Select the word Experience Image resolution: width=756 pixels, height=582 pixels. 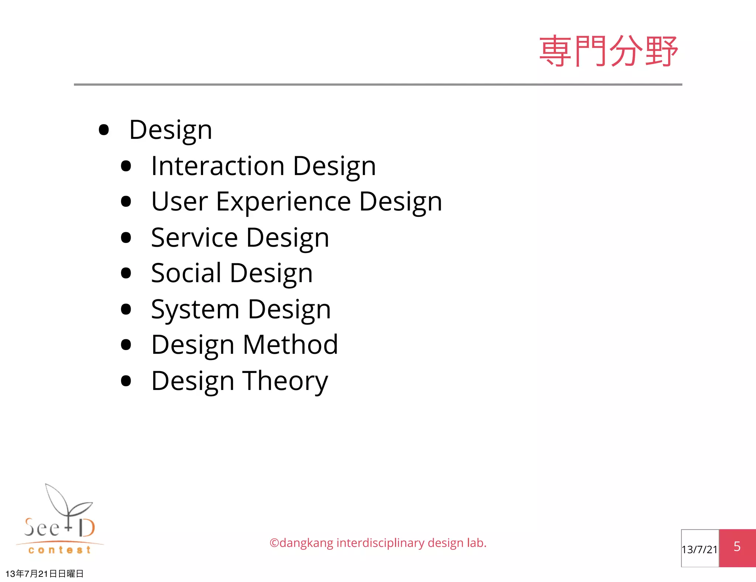tap(283, 202)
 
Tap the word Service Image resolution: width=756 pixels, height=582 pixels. tap(194, 237)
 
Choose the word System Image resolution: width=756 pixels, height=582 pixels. tap(195, 309)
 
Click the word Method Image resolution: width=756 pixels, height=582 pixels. tap(290, 345)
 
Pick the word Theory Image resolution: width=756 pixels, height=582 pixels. tap(285, 381)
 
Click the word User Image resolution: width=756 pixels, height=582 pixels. tap(179, 202)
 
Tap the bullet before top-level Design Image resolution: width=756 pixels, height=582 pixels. tap(104, 130)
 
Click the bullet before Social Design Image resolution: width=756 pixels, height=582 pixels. tap(126, 273)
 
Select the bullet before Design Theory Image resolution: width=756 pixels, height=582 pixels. tap(126, 381)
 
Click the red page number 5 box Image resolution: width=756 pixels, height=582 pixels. tap(737, 547)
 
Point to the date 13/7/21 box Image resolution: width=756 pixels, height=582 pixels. tap(700, 549)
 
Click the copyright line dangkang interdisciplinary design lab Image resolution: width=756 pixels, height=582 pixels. tap(378, 543)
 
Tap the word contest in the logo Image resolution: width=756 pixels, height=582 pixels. tap(59, 550)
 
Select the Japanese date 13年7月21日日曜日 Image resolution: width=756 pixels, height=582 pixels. tap(44, 574)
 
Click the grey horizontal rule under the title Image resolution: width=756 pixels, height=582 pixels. tap(378, 85)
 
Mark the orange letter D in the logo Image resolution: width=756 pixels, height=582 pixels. tap(87, 528)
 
